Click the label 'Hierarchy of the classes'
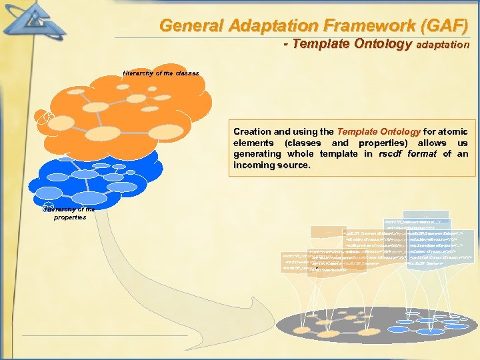[161, 73]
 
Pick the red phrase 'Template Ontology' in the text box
[375, 132]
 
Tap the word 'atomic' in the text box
[453, 132]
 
